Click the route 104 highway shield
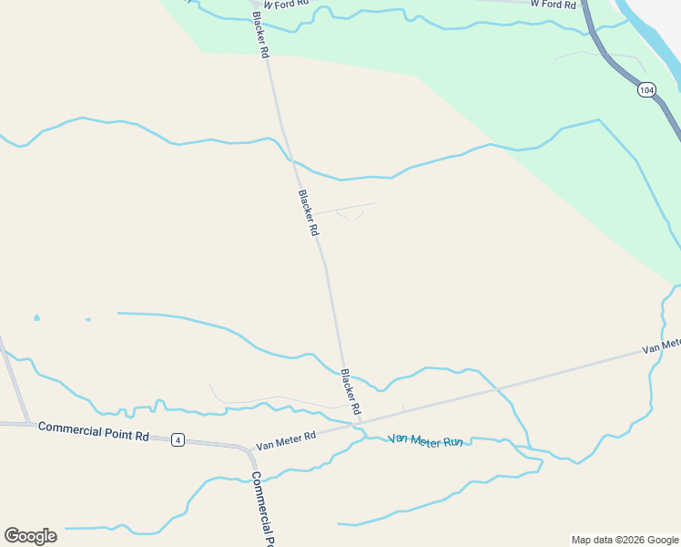[x=646, y=89]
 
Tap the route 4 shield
[x=178, y=440]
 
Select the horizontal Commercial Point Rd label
[x=94, y=429]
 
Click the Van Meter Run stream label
[x=426, y=440]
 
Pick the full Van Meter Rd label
[x=285, y=441]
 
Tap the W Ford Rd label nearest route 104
[x=553, y=5]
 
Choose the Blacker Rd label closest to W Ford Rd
[x=260, y=35]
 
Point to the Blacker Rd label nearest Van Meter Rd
[x=351, y=391]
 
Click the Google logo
[x=30, y=536]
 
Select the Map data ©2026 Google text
[x=625, y=540]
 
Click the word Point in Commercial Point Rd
[x=118, y=432]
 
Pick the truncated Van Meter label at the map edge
[x=661, y=346]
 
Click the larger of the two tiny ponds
[x=36, y=318]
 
